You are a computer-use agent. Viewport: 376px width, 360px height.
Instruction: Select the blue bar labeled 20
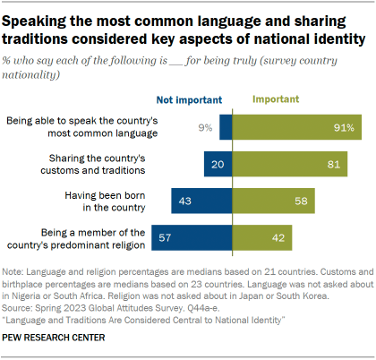(x=219, y=165)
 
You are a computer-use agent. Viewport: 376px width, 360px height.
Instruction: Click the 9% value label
(x=205, y=127)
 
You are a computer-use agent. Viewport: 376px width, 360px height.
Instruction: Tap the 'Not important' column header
(x=196, y=102)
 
